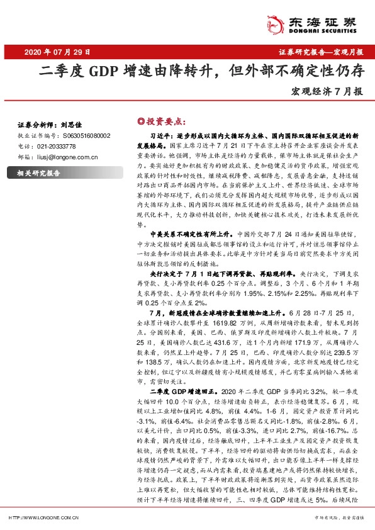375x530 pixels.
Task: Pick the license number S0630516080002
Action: [87, 135]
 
